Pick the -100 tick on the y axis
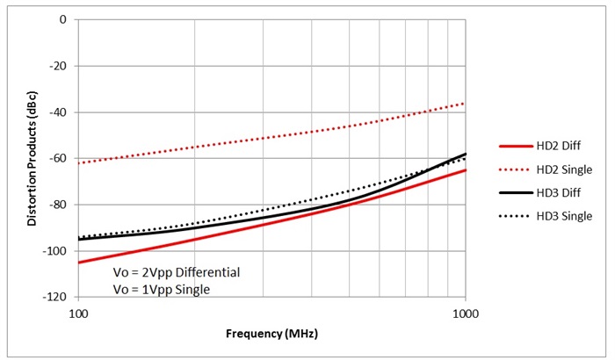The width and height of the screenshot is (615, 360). coord(59,251)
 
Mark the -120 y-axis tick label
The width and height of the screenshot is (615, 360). coord(59,298)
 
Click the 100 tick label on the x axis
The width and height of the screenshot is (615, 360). coord(78,313)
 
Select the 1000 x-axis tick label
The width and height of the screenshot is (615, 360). coord(465,313)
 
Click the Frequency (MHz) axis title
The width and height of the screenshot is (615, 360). coord(272,335)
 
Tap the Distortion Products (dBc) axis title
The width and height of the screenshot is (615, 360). coord(33,158)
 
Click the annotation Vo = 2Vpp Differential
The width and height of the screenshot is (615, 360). coord(177,271)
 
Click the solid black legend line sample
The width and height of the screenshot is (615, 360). coord(515,192)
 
